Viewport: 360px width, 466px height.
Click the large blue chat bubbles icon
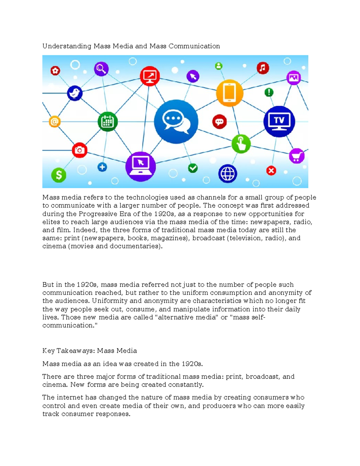click(x=176, y=122)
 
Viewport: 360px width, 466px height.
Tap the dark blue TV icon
click(x=279, y=121)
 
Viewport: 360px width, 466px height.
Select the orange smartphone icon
click(x=229, y=93)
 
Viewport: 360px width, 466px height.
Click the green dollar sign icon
click(x=59, y=175)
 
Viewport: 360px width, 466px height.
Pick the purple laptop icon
click(x=140, y=166)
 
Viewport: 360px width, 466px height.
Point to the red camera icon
click(x=79, y=150)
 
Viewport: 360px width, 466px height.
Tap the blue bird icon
click(x=75, y=93)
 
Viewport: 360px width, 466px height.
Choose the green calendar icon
click(x=107, y=122)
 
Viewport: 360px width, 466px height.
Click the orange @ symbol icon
click(x=55, y=122)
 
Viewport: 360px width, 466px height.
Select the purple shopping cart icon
click(x=296, y=156)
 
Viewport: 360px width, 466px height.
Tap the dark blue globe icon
click(x=228, y=174)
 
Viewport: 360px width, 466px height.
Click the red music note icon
click(x=263, y=68)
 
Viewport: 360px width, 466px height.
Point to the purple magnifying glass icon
click(x=101, y=69)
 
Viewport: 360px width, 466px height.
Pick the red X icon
click(x=271, y=171)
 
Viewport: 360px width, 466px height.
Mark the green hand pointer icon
click(x=241, y=144)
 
